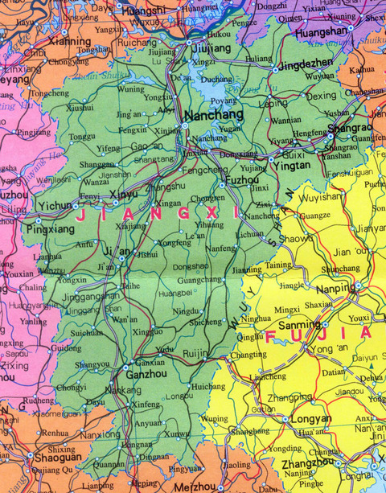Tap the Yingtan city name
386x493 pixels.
coord(291,165)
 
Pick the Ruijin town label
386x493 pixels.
coord(194,353)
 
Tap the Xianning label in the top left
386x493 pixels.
coord(69,41)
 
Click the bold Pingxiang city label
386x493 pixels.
coord(46,229)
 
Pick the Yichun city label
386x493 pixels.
coord(54,205)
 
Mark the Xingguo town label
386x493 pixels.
coord(146,331)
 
